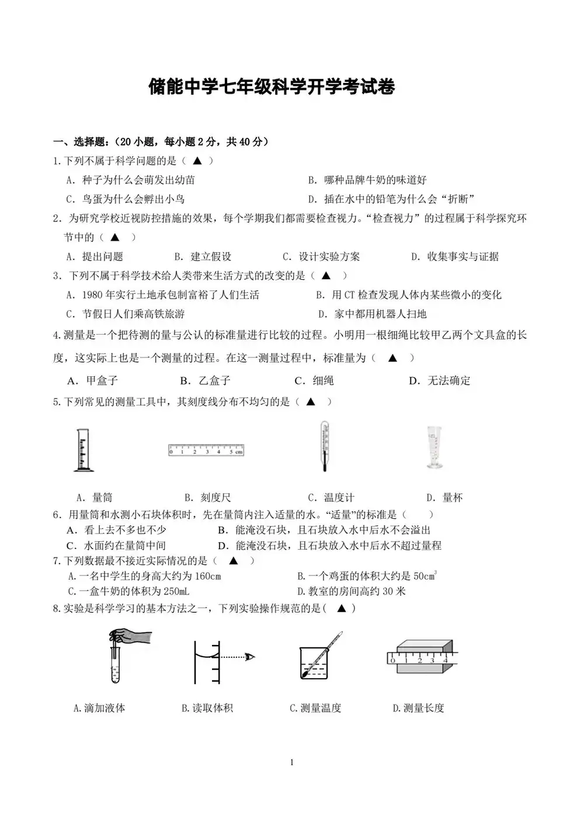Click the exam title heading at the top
click(x=272, y=87)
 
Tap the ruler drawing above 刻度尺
click(x=206, y=450)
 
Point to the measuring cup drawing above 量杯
click(x=434, y=447)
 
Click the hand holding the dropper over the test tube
click(x=132, y=637)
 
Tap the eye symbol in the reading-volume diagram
click(x=251, y=657)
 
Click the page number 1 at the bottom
click(x=291, y=762)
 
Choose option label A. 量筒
click(x=94, y=498)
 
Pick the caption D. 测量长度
click(x=418, y=708)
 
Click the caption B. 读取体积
click(x=207, y=708)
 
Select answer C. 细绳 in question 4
click(x=314, y=381)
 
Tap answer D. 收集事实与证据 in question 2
click(x=455, y=256)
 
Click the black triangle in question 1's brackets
click(x=197, y=161)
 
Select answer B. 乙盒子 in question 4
click(x=206, y=381)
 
